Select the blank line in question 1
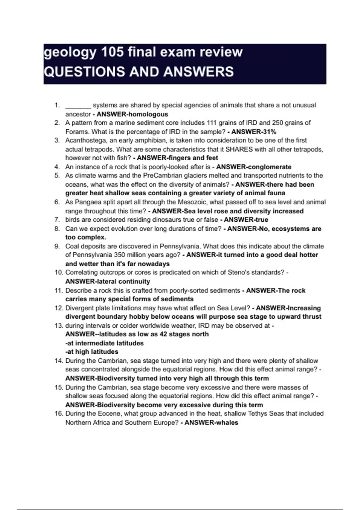pos(78,106)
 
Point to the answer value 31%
pos(269,132)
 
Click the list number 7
pos(57,220)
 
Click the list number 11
pos(58,290)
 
